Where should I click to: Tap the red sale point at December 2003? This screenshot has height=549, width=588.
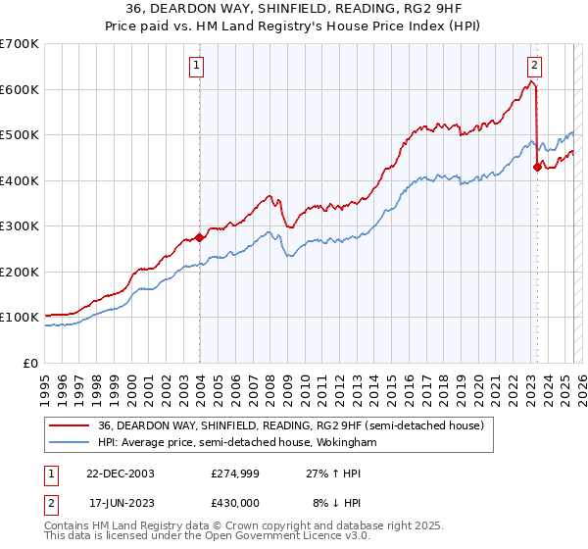tap(200, 236)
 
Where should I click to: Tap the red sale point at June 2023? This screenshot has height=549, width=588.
tap(537, 167)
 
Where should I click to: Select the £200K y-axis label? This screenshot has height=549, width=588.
tap(20, 272)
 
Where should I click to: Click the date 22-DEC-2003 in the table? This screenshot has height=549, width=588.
tap(121, 473)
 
